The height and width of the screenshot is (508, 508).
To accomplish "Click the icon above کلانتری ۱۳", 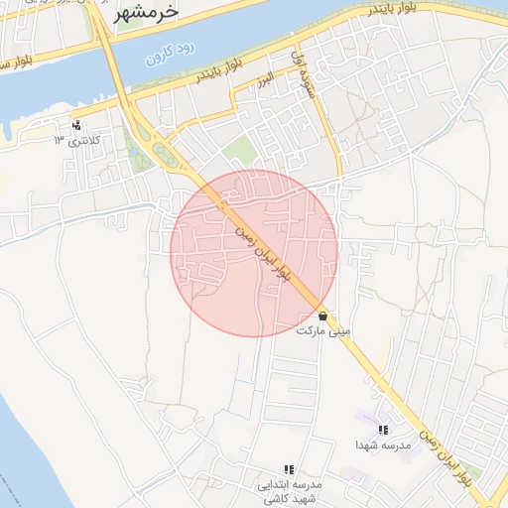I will pos(76,125).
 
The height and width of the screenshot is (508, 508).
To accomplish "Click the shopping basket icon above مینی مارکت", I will pos(323,315).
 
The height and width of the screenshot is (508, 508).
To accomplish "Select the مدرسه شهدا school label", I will pos(383,445).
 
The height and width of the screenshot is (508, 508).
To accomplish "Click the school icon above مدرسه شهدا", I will pos(383,431).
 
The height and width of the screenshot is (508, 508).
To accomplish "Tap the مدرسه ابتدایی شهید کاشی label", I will pos(288,492).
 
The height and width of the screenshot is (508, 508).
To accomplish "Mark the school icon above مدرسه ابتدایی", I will pos(289,469).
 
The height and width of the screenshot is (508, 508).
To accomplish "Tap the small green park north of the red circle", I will pos(238,152).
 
